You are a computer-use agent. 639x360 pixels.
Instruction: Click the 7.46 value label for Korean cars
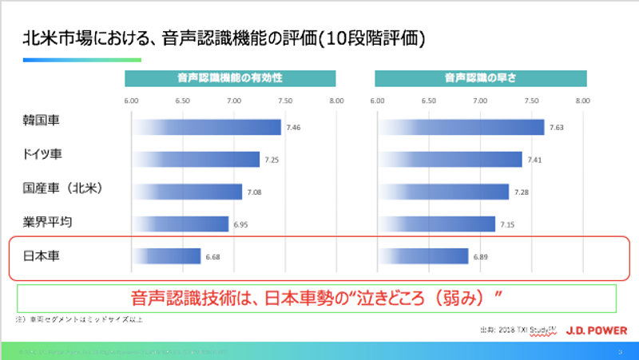tap(294, 129)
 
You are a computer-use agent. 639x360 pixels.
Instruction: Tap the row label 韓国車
tap(42, 121)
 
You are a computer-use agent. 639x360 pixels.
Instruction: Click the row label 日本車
tap(42, 256)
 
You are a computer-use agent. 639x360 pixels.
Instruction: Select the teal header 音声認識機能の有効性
tap(229, 79)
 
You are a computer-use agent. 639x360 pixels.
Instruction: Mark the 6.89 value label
tap(480, 257)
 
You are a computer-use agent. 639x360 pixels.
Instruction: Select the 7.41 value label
tap(534, 160)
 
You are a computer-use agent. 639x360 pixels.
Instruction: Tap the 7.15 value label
tap(507, 225)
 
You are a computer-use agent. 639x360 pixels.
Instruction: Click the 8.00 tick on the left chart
tap(335, 101)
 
